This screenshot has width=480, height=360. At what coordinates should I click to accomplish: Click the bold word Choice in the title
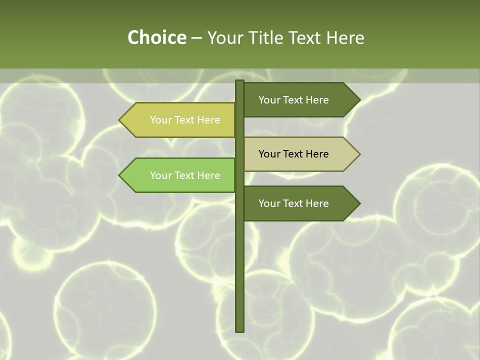[x=156, y=37]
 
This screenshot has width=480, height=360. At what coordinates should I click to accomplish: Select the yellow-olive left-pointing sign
[x=180, y=120]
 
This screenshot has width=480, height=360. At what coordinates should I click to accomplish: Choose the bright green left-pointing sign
[x=180, y=175]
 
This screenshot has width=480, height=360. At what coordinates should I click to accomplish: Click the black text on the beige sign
[x=293, y=154]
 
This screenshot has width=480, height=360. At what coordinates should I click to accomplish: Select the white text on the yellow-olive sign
[x=185, y=120]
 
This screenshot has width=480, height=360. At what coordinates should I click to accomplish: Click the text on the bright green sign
[x=185, y=175]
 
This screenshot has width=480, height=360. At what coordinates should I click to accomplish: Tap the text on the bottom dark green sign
[x=293, y=203]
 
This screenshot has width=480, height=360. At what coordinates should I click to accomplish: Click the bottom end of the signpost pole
[x=239, y=330]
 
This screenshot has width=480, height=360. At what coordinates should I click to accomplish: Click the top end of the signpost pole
[x=239, y=81]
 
